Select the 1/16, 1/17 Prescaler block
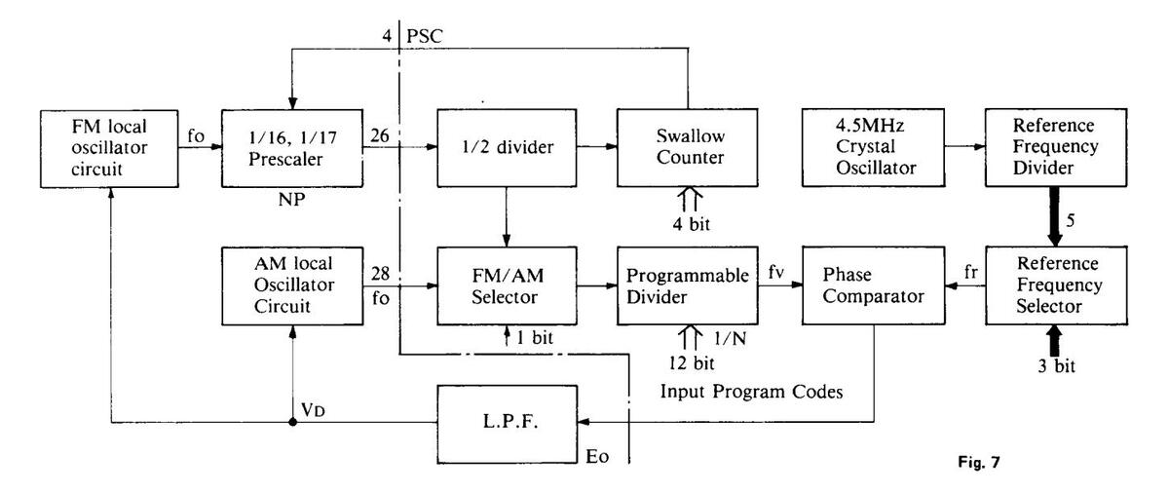(289, 148)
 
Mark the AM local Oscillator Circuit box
(289, 285)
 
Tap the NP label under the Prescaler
(289, 208)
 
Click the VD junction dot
(291, 422)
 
